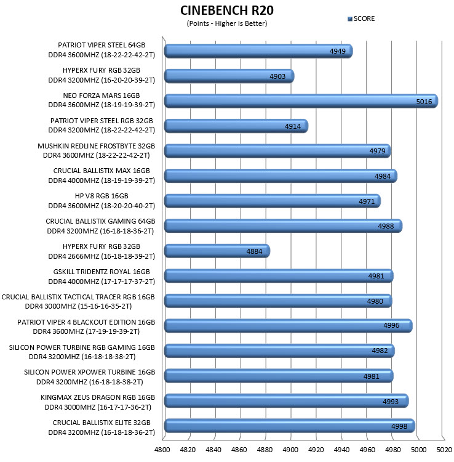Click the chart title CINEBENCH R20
(227, 10)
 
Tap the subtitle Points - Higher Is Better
(227, 23)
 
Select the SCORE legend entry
(361, 19)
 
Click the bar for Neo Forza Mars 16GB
(301, 101)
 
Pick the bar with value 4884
(217, 251)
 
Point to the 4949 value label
(338, 51)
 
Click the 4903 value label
(277, 76)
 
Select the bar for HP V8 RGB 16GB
(272, 201)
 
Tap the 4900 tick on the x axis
(290, 450)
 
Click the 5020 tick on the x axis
(444, 450)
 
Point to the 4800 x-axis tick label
(162, 450)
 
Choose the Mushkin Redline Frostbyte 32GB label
(96, 150)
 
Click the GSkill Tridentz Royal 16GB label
(102, 277)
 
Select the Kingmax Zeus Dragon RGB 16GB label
(98, 402)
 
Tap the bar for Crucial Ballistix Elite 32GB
(290, 426)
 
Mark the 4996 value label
(391, 326)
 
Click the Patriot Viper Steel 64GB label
(102, 50)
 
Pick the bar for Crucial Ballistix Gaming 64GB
(283, 226)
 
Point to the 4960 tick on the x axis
(367, 450)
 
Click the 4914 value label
(293, 126)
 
